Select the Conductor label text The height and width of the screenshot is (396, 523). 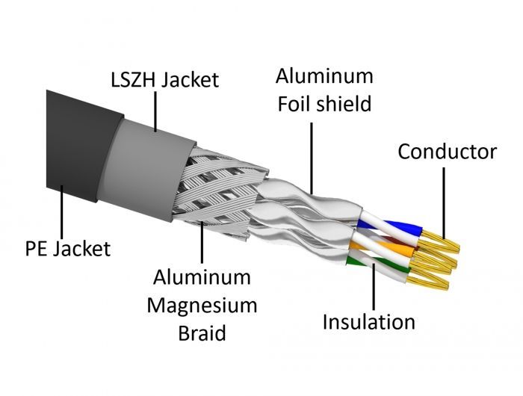(446, 152)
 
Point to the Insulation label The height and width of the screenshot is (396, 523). (368, 322)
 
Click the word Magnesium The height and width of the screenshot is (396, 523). (202, 305)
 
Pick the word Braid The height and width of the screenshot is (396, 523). (202, 332)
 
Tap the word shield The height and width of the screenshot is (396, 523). (344, 104)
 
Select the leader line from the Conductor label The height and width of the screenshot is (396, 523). (443, 202)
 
